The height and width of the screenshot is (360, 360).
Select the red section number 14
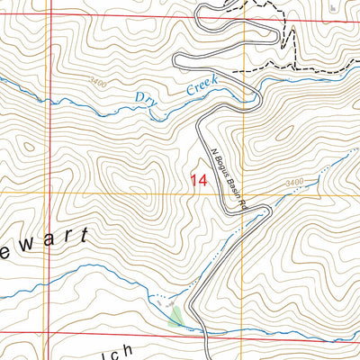(200, 180)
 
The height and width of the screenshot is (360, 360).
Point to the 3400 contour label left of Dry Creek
(98, 83)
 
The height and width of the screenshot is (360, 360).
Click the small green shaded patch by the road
(176, 316)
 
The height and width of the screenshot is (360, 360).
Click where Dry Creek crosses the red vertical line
(50, 102)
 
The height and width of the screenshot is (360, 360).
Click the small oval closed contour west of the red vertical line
(28, 146)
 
